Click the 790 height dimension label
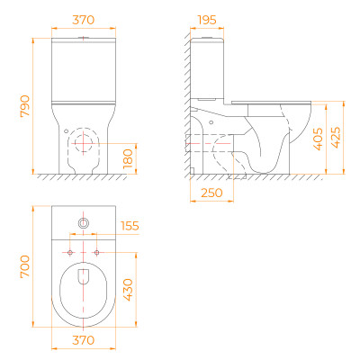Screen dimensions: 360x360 [25, 106]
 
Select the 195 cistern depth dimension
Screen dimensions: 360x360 [207, 20]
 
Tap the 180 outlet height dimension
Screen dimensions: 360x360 [128, 158]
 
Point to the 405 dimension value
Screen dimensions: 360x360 [318, 139]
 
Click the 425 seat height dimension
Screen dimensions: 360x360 [336, 138]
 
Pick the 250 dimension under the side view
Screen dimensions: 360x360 [211, 193]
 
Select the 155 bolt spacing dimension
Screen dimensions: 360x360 [130, 226]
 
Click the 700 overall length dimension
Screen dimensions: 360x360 [25, 266]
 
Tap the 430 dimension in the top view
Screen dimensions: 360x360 [128, 290]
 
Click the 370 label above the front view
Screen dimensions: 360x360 [84, 20]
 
